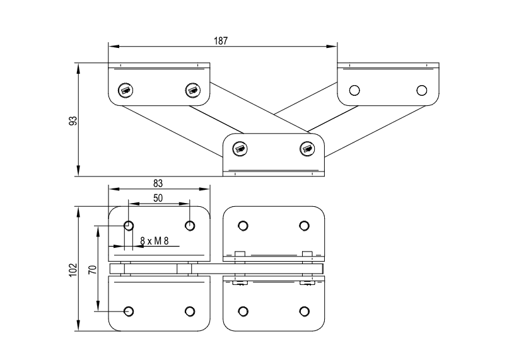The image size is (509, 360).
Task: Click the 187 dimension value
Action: coord(221,41)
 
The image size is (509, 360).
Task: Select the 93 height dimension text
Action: coord(74,120)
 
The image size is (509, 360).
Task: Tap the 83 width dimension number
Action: coord(158,183)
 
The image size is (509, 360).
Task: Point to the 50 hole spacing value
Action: coord(158,198)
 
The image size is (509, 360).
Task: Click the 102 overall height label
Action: coord(73,270)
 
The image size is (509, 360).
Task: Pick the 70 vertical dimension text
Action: coord(93,269)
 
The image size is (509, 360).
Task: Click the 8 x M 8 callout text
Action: coord(155,241)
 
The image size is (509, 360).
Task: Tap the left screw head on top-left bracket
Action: coord(126,90)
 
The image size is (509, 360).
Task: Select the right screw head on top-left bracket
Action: coord(192,90)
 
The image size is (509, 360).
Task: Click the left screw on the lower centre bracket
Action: coord(240,149)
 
